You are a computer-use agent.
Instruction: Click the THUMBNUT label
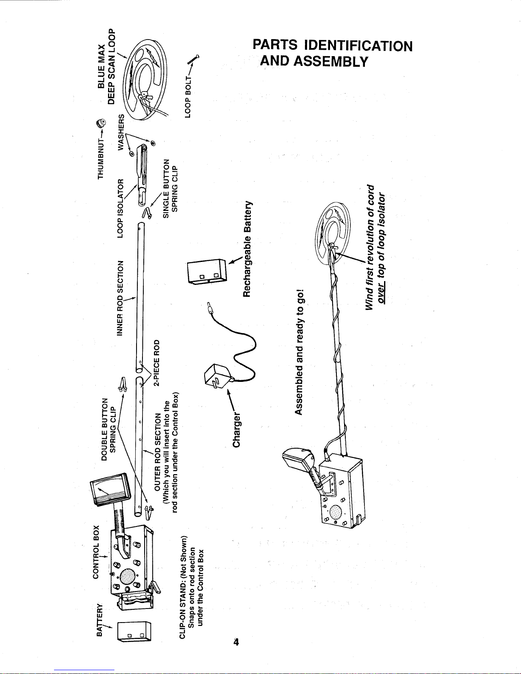(x=100, y=159)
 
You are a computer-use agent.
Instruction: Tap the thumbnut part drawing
(x=101, y=124)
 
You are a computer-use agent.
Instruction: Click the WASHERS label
(x=121, y=132)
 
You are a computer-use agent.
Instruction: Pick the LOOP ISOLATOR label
(x=120, y=208)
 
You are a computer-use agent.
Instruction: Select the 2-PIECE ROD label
(x=157, y=363)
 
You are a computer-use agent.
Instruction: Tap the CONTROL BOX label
(x=96, y=552)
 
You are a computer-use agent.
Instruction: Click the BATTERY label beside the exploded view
(x=99, y=620)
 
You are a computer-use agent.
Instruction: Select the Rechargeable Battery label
(x=247, y=249)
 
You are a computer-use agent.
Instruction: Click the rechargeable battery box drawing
(x=207, y=271)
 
